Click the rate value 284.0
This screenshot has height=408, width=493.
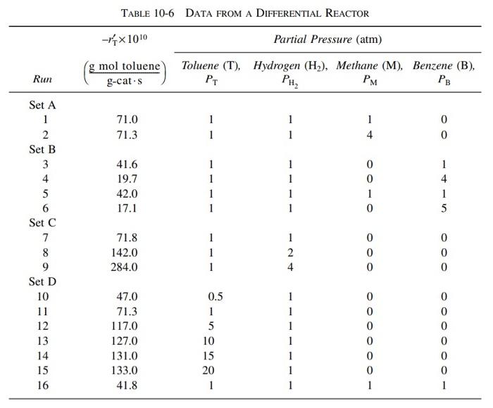(126, 267)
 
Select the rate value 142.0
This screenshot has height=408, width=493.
(126, 252)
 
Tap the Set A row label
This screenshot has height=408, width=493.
(42, 105)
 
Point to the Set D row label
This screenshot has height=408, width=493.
(42, 281)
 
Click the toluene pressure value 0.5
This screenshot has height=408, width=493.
(215, 296)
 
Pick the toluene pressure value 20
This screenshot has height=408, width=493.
(211, 370)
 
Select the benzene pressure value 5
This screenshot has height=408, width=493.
(444, 208)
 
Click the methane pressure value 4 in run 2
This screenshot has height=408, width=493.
(369, 134)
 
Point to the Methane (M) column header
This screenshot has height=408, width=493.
(369, 65)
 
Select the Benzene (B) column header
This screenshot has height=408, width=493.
(444, 65)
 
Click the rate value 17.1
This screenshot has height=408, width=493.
(126, 208)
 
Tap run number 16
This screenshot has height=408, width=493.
(42, 385)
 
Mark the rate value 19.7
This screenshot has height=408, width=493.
(126, 179)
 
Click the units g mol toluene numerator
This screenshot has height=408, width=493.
(125, 67)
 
